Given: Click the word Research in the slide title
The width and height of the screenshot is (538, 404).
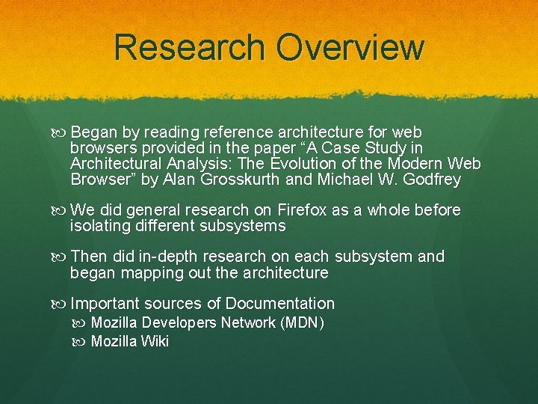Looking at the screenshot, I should (191, 46).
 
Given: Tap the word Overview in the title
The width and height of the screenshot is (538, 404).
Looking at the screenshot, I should (350, 46).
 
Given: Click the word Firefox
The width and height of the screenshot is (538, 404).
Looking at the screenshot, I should (302, 210).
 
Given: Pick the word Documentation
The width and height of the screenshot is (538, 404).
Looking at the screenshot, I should (279, 303).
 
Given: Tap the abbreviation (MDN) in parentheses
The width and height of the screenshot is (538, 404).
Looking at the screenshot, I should (302, 323).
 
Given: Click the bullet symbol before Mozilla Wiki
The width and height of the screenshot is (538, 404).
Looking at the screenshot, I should (81, 343).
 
